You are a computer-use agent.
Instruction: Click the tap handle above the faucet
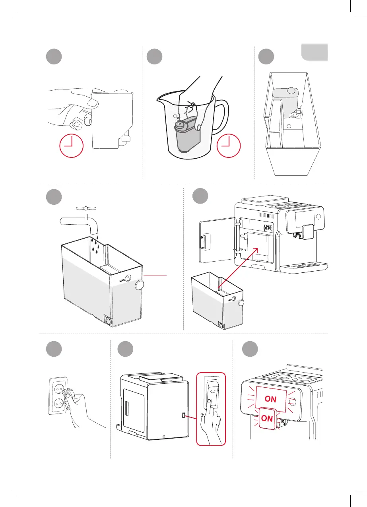(x=85, y=208)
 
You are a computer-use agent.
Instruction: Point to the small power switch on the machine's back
(x=183, y=415)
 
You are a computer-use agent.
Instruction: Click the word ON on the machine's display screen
(x=270, y=399)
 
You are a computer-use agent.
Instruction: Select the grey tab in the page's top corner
(x=314, y=52)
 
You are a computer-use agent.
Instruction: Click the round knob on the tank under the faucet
(x=140, y=285)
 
